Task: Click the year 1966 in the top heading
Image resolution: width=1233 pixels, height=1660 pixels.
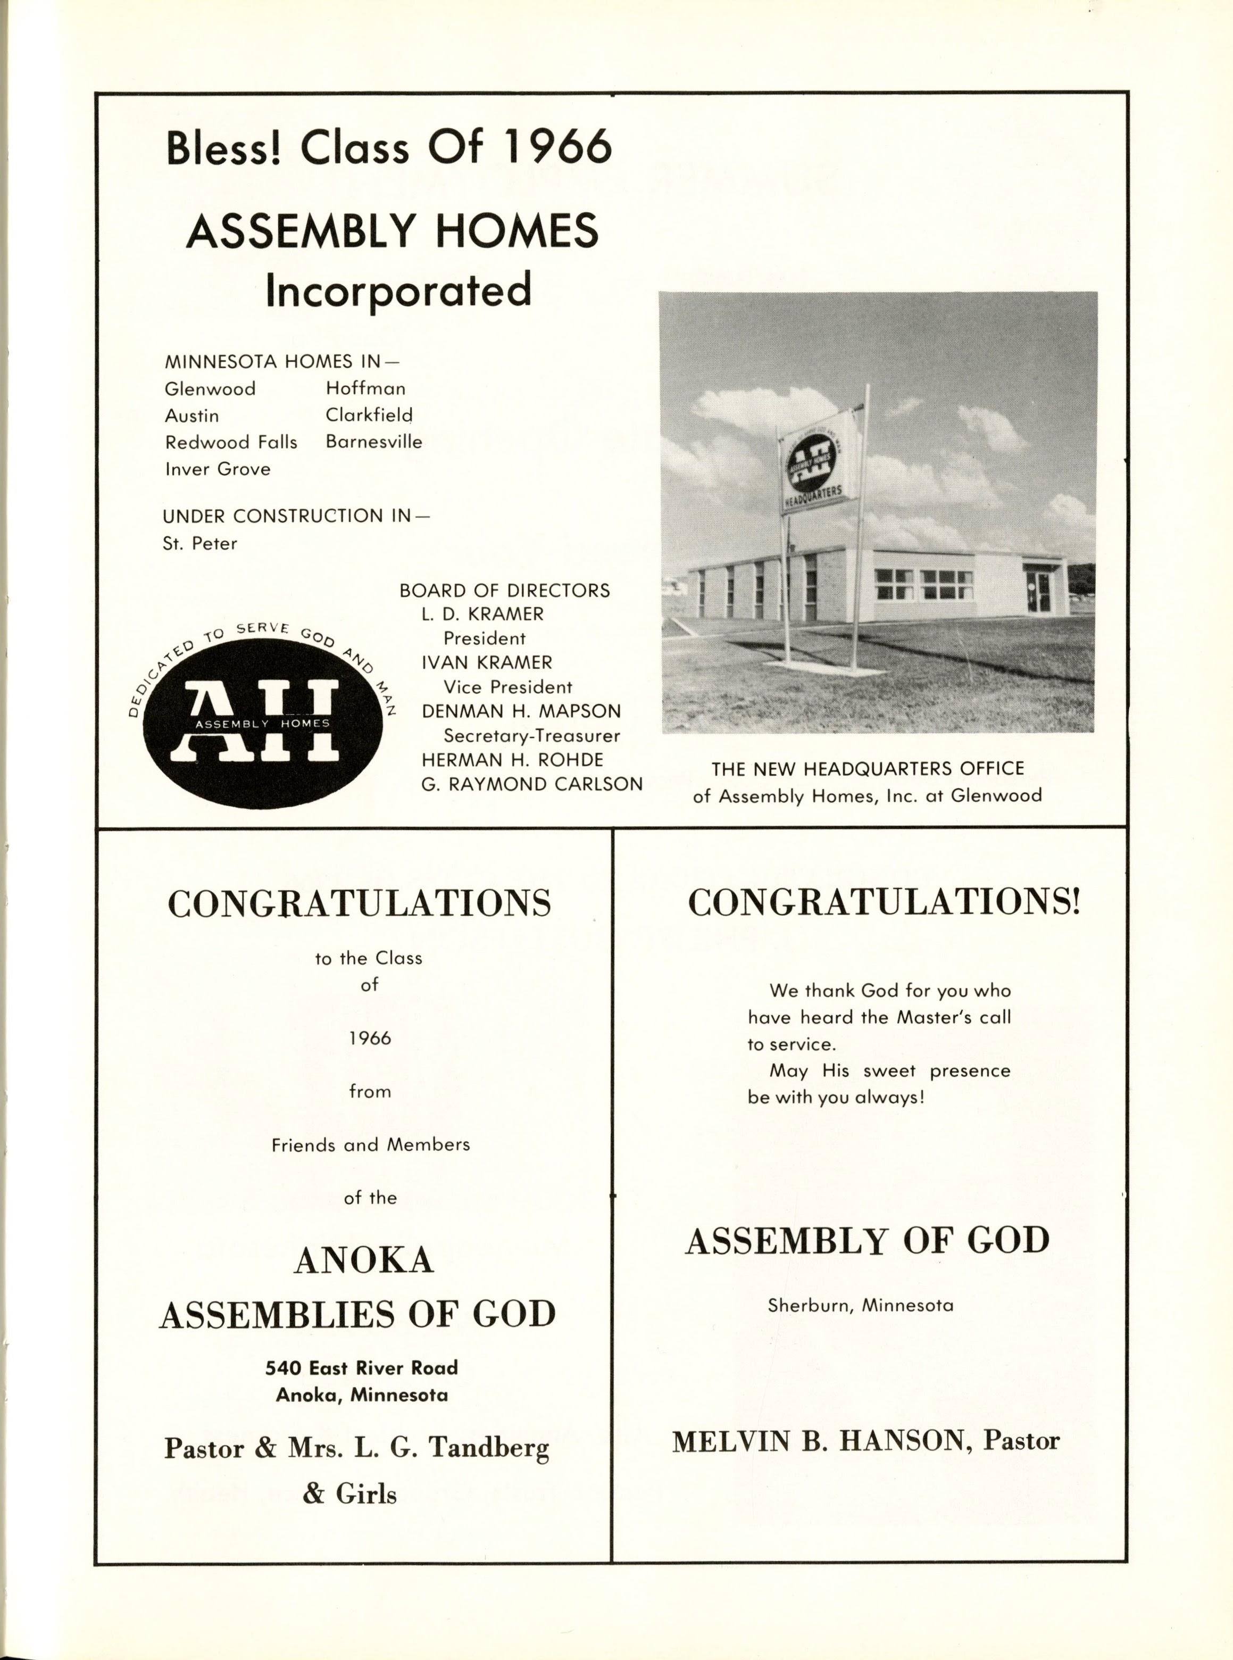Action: [557, 147]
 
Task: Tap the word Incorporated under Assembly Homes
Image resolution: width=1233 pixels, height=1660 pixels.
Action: [398, 290]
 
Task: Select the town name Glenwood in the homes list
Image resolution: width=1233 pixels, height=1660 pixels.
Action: [211, 389]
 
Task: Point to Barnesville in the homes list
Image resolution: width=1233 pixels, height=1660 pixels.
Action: [374, 442]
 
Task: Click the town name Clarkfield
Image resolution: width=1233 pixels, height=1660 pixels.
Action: [369, 415]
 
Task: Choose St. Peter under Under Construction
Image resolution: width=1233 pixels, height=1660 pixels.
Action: [200, 543]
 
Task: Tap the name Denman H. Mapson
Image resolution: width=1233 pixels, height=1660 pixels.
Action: [521, 711]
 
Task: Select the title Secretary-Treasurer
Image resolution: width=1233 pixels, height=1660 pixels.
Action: [531, 736]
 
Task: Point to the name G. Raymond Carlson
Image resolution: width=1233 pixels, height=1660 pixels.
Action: [531, 784]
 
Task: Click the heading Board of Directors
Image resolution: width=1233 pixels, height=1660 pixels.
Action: [505, 591]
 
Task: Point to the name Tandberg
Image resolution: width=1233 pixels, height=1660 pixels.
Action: [489, 1449]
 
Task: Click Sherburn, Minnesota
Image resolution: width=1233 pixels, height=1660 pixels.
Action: [861, 1306]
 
